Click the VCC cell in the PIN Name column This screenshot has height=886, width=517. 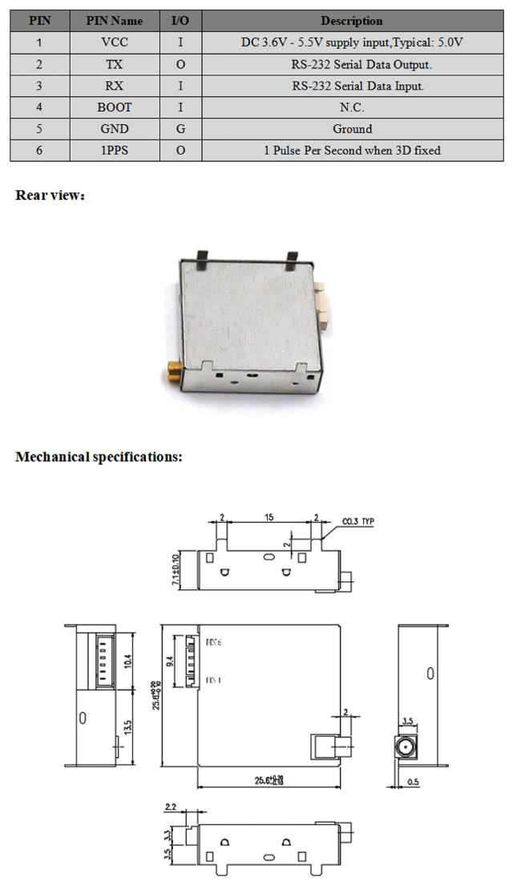115,42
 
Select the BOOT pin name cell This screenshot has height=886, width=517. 115,107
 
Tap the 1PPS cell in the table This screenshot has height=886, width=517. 115,151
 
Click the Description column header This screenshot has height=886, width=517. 352,21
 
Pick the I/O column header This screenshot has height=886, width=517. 180,21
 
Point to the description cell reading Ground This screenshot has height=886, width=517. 352,129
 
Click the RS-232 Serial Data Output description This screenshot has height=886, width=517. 352,64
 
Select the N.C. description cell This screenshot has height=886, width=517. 352,107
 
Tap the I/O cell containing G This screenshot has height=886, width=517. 180,129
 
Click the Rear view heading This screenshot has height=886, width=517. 50,195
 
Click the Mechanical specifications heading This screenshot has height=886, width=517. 99,457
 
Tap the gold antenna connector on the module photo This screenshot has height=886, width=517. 172,370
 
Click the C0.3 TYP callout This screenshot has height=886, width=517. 358,521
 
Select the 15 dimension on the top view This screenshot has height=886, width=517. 269,518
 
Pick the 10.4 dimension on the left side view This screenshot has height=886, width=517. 129,661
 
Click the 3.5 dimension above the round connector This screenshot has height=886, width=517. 407,720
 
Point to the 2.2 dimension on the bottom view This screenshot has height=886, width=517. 171,807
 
